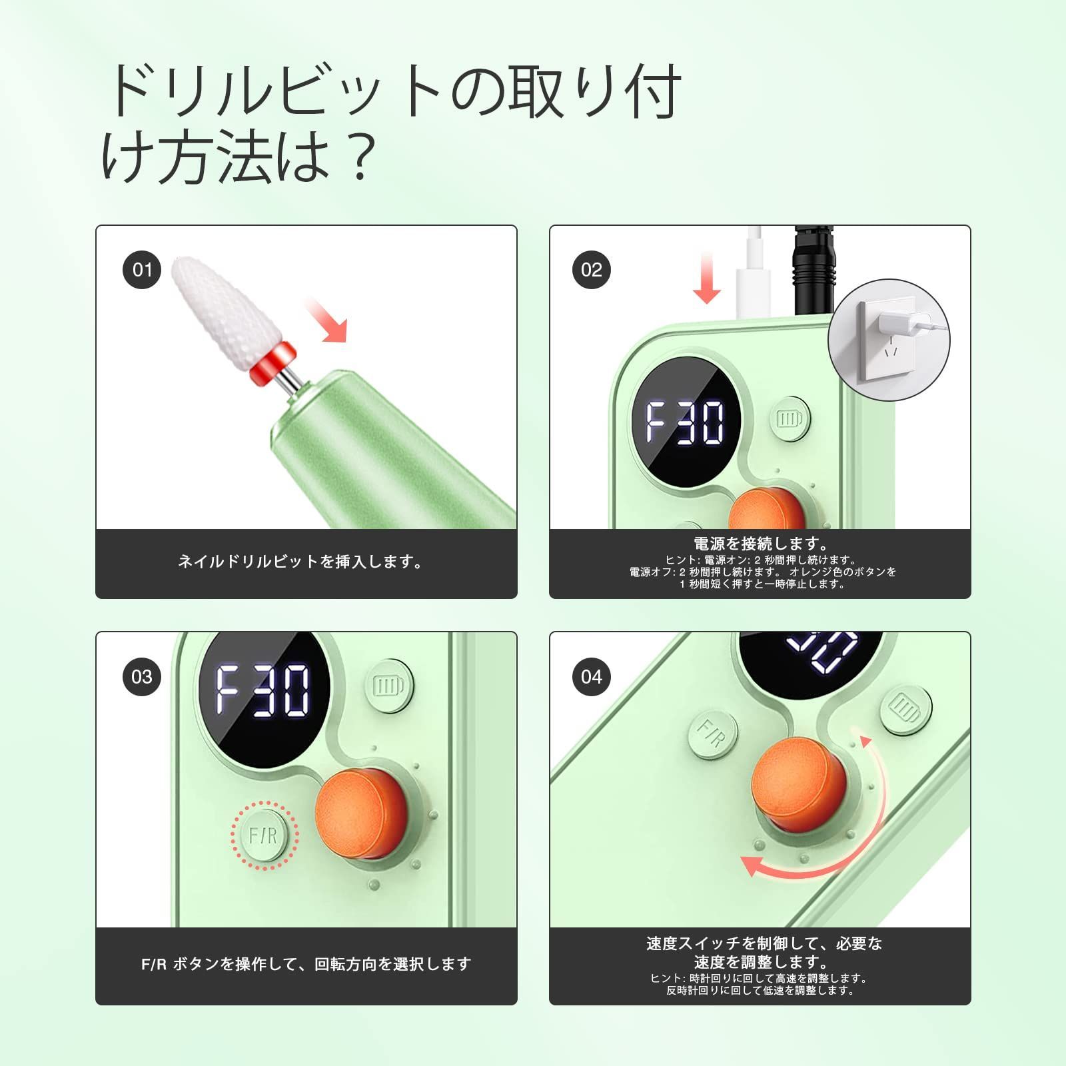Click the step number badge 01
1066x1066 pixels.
(x=142, y=270)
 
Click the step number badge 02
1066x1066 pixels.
(x=591, y=270)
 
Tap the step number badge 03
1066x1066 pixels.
(x=142, y=677)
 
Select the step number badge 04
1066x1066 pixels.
(x=591, y=677)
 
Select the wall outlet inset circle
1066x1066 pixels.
(x=889, y=340)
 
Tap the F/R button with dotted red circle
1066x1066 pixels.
(x=264, y=835)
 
